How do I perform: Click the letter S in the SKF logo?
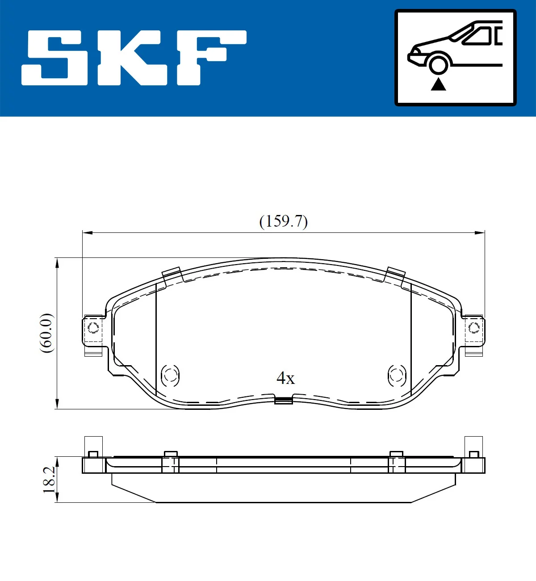56,58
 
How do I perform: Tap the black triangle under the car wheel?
438,84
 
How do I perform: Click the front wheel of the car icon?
438,64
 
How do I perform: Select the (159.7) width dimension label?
284,221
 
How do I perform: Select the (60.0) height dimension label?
46,333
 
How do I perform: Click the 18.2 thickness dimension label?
49,480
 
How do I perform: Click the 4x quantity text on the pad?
285,378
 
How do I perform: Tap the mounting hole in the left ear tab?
93,328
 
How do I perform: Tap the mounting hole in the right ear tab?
474,328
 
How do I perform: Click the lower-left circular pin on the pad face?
170,375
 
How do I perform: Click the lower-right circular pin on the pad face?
397,375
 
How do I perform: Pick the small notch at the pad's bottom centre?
284,400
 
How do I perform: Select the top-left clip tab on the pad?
172,274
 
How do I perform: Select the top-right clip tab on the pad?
395,274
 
